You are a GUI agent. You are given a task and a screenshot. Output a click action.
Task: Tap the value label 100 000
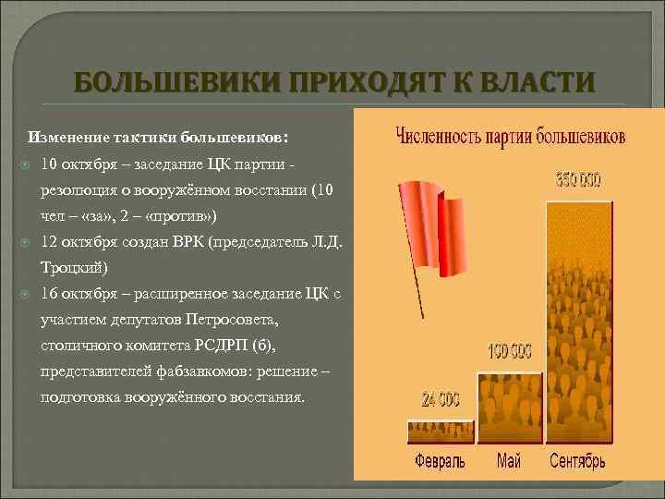tap(510, 351)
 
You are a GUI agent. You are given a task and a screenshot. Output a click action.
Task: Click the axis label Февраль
tap(440, 459)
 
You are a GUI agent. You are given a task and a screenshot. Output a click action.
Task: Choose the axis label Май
tap(509, 459)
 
